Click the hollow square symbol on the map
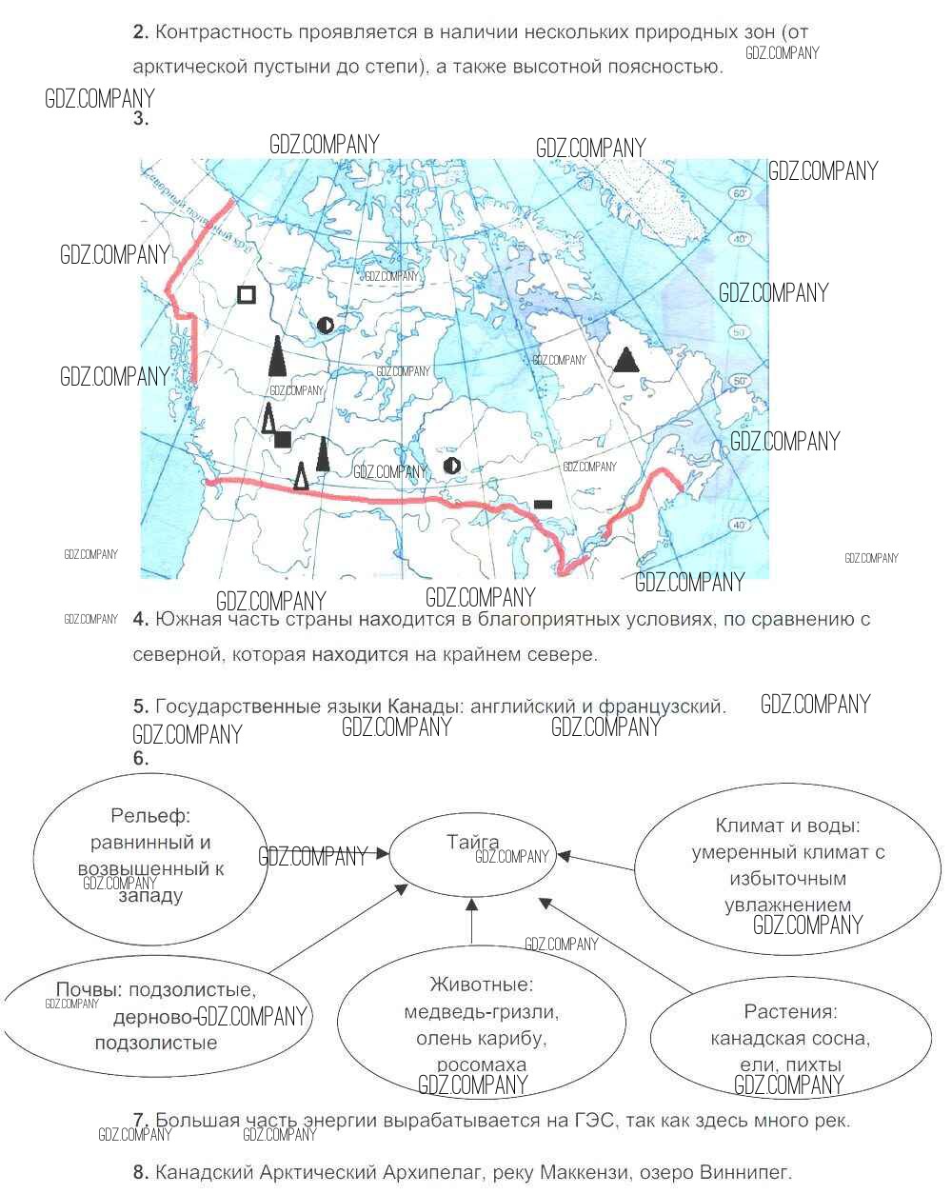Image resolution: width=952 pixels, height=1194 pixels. [x=246, y=295]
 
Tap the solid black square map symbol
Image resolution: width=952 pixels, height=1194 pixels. [x=283, y=439]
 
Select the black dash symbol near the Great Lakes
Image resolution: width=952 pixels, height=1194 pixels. [x=543, y=503]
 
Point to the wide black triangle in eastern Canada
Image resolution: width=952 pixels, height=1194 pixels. [x=625, y=360]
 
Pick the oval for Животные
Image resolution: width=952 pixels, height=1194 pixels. [x=482, y=1025]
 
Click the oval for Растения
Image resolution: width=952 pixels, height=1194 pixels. [x=790, y=1039]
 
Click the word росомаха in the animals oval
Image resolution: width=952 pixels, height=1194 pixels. [x=482, y=1065]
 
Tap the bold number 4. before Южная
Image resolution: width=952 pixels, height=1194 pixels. [x=141, y=619]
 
